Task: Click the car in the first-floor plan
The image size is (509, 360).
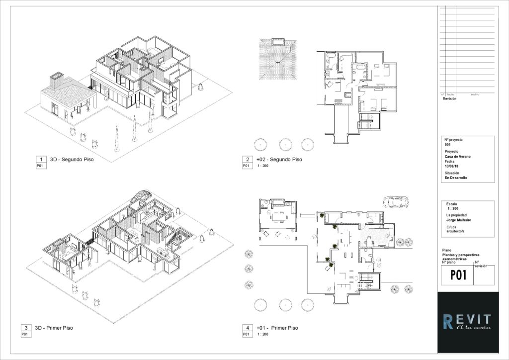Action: click(x=395, y=202)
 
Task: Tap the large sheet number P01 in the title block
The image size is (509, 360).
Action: click(x=458, y=274)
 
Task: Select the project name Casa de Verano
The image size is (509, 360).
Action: click(x=458, y=156)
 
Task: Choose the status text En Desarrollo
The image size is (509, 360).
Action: click(x=456, y=178)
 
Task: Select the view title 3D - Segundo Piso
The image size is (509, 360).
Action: click(x=72, y=160)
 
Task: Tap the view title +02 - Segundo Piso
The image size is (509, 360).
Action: click(x=279, y=160)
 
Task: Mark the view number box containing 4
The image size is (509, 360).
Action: click(x=247, y=328)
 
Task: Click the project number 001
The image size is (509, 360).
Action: click(x=447, y=145)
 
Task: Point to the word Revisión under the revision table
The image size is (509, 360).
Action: click(x=449, y=98)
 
